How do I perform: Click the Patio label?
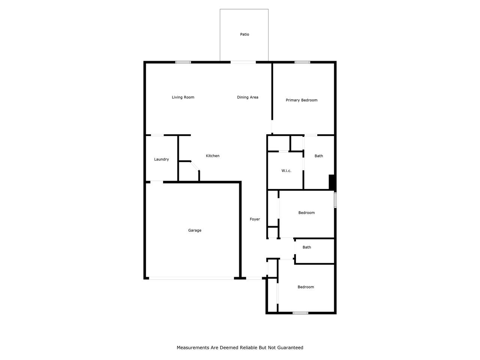[x=244, y=34]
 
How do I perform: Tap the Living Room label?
[x=183, y=97]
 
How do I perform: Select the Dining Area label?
[x=247, y=97]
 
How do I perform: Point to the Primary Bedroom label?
[x=301, y=100]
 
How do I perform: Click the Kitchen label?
[x=213, y=156]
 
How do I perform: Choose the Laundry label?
[x=161, y=159]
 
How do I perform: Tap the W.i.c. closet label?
[x=286, y=171]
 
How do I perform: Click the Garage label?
[x=195, y=230]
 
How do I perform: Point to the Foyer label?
[x=255, y=219]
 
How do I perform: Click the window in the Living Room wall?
[x=183, y=62]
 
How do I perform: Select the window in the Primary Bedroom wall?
[x=302, y=62]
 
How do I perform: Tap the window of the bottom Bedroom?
[x=300, y=313]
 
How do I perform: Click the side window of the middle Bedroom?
[x=335, y=200]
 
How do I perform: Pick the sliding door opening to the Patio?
[x=243, y=62]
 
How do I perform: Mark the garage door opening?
[x=191, y=278]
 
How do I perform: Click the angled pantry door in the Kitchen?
[x=195, y=166]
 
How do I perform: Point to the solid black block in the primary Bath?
[x=332, y=182]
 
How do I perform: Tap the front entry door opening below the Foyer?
[x=254, y=278]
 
